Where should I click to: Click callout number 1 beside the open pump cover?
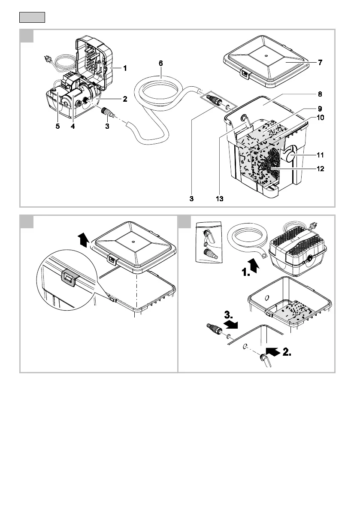click(125, 68)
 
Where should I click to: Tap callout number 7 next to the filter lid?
click(320, 63)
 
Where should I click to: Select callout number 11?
click(320, 154)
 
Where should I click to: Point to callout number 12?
click(320, 169)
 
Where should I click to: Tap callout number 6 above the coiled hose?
click(160, 63)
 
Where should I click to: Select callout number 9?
click(320, 108)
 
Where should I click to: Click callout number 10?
click(320, 117)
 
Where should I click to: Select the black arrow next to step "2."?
click(272, 352)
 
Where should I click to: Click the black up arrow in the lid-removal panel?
click(84, 239)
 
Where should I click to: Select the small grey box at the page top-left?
click(32, 18)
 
